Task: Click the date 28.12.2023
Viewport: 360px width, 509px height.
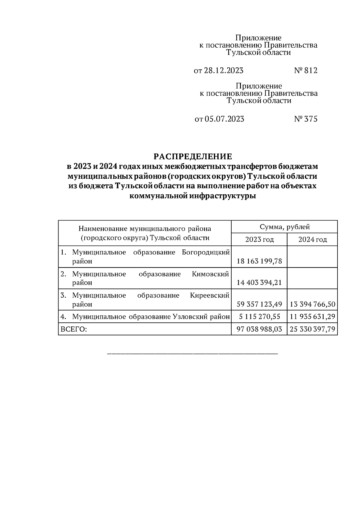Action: click(223, 71)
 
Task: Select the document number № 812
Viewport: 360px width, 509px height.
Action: click(305, 71)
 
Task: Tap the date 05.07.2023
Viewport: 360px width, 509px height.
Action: click(224, 119)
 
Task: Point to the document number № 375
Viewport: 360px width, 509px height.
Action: click(305, 119)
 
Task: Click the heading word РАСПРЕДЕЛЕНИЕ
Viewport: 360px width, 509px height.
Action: click(193, 157)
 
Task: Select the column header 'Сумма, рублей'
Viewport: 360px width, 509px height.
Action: click(284, 227)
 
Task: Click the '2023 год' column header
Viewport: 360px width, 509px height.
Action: click(259, 240)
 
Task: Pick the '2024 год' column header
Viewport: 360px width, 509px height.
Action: click(312, 240)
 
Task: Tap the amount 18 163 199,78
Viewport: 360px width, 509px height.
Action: click(259, 261)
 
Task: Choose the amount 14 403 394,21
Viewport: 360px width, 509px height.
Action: click(259, 283)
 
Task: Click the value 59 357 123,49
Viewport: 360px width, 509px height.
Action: click(259, 304)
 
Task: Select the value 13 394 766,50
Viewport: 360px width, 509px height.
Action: click(312, 304)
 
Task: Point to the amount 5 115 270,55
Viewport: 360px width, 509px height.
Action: click(259, 317)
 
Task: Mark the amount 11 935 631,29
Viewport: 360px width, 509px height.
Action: click(312, 317)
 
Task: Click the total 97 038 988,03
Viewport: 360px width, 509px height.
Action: click(259, 329)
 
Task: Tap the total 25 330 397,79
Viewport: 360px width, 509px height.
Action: click(312, 329)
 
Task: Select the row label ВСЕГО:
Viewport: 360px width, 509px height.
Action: click(74, 329)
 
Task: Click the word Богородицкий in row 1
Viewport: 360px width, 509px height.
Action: click(206, 252)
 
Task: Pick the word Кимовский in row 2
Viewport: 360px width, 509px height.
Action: click(210, 274)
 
